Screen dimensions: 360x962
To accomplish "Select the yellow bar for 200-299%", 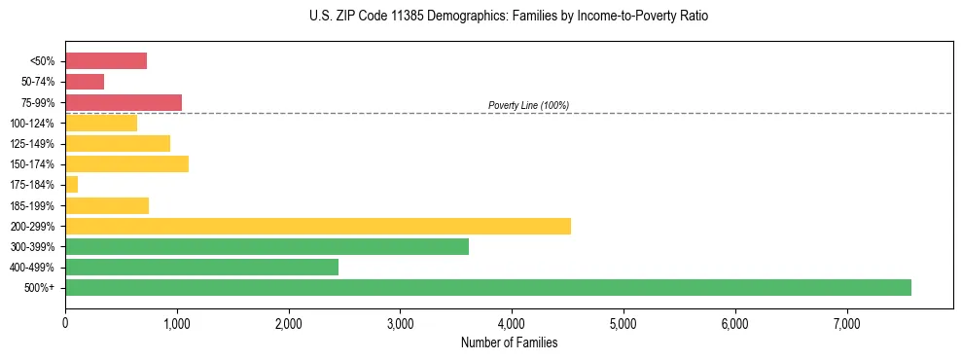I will pyautogui.click(x=318, y=226).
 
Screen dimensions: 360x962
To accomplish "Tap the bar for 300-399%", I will pyautogui.click(x=267, y=246).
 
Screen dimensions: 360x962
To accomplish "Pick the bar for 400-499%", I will pyautogui.click(x=201, y=267).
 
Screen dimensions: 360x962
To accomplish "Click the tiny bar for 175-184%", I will pyautogui.click(x=71, y=184).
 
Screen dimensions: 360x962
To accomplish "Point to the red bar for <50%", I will pyautogui.click(x=106, y=60).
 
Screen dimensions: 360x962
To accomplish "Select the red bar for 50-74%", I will pyautogui.click(x=85, y=82).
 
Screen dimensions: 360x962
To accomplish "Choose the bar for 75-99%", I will pyautogui.click(x=124, y=102).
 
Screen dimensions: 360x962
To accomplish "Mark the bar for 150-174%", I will pyautogui.click(x=126, y=163).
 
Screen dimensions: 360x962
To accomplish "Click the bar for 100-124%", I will pyautogui.click(x=101, y=123).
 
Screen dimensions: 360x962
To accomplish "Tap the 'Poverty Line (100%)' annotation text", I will pyautogui.click(x=528, y=105).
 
